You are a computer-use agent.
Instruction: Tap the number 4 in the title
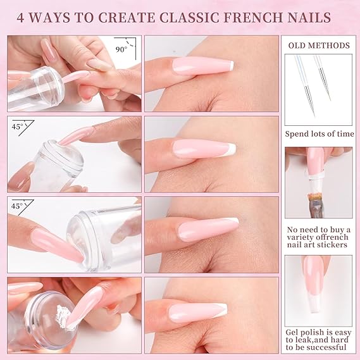20,18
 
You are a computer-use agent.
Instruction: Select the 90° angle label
121,49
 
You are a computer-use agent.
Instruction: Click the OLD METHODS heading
319,46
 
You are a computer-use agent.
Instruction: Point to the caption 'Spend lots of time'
320,134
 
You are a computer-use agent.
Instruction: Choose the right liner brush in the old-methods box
323,78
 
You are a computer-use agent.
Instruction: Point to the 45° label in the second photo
18,127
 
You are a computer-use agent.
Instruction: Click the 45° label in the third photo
17,206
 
